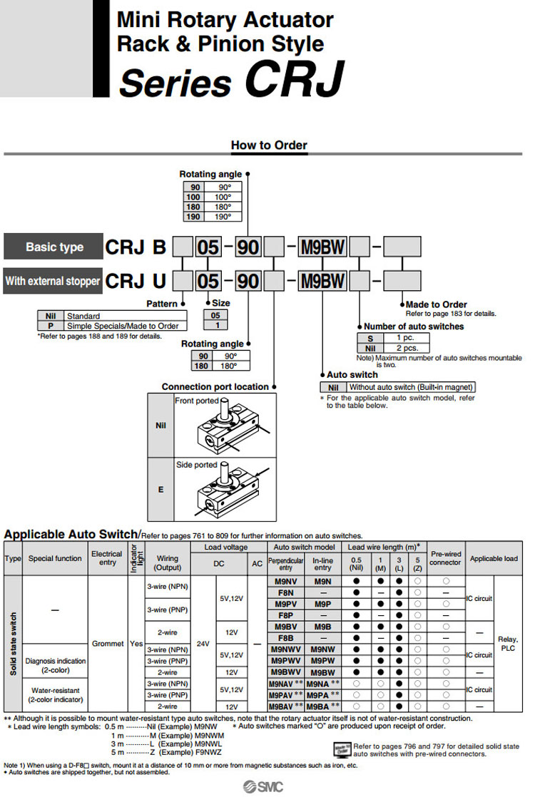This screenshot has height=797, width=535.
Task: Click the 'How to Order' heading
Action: pyautogui.click(x=269, y=145)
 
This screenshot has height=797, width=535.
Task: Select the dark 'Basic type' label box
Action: pyautogui.click(x=54, y=247)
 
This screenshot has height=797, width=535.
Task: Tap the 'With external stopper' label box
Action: pyautogui.click(x=53, y=281)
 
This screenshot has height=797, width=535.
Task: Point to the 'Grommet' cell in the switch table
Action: pyautogui.click(x=107, y=643)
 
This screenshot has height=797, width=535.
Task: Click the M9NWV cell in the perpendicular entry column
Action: pyautogui.click(x=286, y=649)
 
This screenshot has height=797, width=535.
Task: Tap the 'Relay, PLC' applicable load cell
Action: pyautogui.click(x=507, y=644)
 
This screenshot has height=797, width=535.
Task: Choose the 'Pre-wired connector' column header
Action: pyautogui.click(x=446, y=558)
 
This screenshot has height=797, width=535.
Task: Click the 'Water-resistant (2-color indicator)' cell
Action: pyautogui.click(x=55, y=695)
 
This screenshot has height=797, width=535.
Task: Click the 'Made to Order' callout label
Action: pyautogui.click(x=437, y=304)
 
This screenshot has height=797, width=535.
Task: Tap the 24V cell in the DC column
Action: pyautogui.click(x=203, y=643)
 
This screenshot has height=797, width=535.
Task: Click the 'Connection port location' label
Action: pyautogui.click(x=215, y=387)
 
